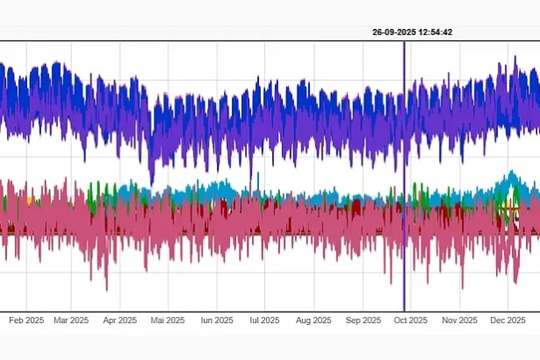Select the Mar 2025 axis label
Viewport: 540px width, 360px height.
click(x=72, y=320)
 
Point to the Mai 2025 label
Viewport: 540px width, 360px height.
click(x=167, y=320)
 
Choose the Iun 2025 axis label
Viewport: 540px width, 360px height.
click(x=216, y=320)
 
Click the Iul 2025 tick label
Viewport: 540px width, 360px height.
click(x=263, y=320)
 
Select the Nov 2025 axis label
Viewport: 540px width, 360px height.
click(x=458, y=320)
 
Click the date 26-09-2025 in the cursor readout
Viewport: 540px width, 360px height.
click(x=392, y=32)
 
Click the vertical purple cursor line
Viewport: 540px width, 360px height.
click(x=404, y=176)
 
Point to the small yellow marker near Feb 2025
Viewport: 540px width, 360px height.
click(x=29, y=200)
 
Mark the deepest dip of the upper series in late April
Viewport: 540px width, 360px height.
click(x=151, y=182)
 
